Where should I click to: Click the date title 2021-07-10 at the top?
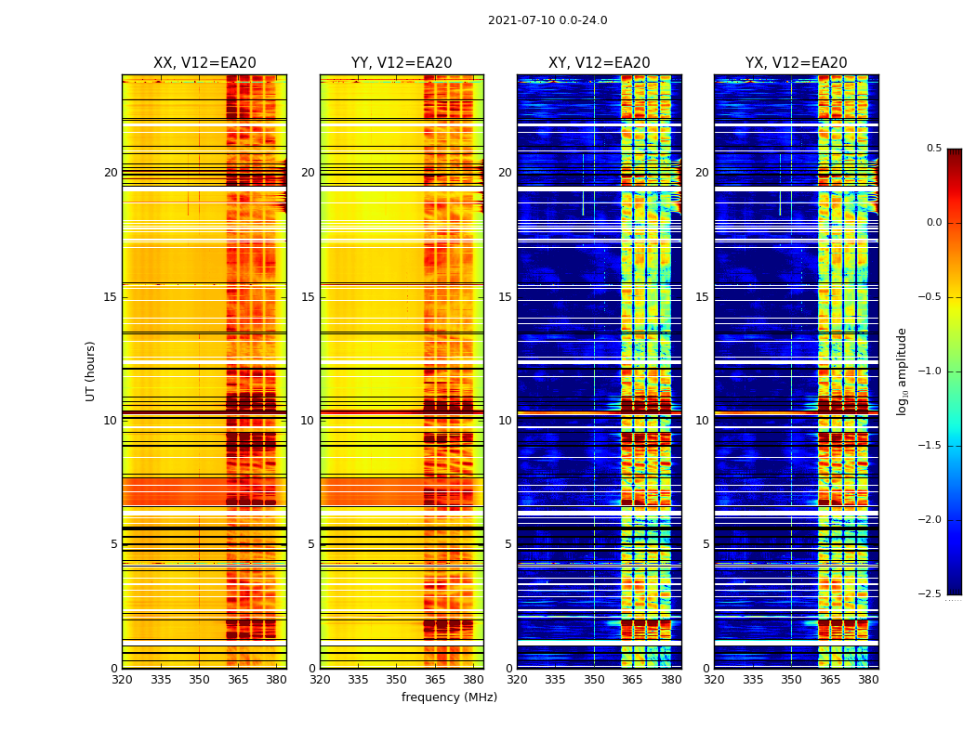(x=547, y=20)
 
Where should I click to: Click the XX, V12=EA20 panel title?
(x=204, y=63)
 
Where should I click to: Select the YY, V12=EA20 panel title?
(x=402, y=63)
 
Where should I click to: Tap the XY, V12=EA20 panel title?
(x=599, y=63)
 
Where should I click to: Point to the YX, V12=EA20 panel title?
(x=797, y=63)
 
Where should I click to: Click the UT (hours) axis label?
(x=91, y=371)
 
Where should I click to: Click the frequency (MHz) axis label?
(x=449, y=697)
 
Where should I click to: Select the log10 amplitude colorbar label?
(x=902, y=371)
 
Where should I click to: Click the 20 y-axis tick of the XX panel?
(x=111, y=173)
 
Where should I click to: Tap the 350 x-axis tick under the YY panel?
(x=397, y=680)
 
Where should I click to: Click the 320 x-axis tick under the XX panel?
(x=122, y=680)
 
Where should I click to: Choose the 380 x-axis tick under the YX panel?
(x=868, y=680)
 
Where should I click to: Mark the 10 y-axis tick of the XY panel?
(x=505, y=421)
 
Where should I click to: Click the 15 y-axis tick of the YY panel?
(x=308, y=297)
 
